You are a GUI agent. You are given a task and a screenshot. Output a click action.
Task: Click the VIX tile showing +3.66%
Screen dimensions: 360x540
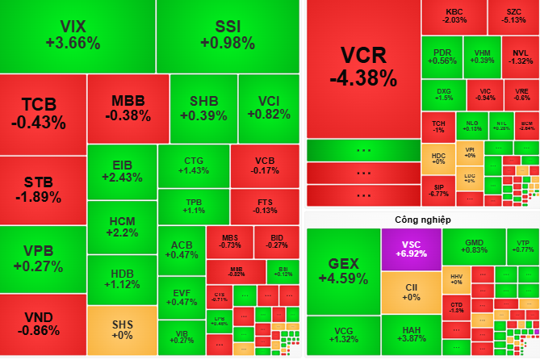tap(77, 36)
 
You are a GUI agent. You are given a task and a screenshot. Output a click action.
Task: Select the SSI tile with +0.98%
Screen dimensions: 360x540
tap(227, 36)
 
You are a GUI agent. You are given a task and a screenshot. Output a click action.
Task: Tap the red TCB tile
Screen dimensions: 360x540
tap(43, 113)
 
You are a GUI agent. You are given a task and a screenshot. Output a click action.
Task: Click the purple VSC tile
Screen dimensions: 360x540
tap(411, 249)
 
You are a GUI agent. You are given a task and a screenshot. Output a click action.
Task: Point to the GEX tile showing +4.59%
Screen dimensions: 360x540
tap(343, 270)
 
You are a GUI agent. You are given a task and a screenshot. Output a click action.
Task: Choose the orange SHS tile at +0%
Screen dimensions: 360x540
tap(121, 331)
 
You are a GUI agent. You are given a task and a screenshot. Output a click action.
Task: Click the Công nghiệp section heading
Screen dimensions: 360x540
tap(422, 220)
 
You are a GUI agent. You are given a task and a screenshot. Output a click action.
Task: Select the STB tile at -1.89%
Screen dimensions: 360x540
tap(43, 190)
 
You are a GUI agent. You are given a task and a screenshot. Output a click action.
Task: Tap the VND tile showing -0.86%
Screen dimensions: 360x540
tap(43, 323)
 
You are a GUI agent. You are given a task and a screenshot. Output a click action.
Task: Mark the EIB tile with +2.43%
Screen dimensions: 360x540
tap(121, 172)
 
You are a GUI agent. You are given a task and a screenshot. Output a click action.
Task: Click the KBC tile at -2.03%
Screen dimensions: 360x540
tap(455, 16)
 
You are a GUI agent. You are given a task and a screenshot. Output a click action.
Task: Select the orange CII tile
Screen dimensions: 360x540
tap(411, 292)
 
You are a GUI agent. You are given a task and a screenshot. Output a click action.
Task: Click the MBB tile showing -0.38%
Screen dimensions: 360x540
tap(128, 108)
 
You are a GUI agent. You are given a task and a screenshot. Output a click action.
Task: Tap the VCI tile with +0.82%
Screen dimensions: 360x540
tap(268, 108)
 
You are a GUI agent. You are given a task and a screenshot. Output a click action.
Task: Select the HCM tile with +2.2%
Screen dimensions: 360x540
tap(121, 227)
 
